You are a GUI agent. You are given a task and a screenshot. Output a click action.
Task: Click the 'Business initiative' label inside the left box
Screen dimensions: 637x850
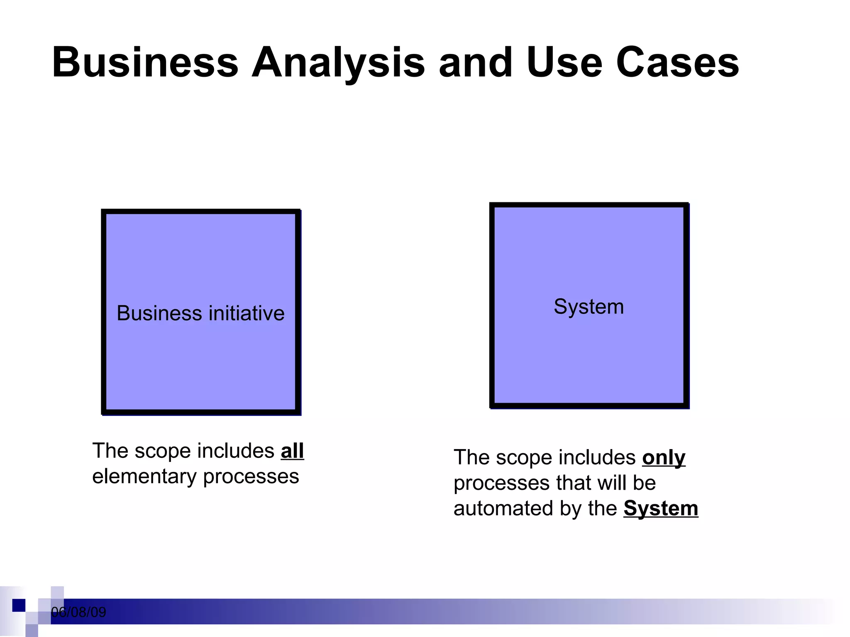click(200, 313)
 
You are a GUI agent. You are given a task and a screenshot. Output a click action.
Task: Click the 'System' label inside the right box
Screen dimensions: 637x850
click(589, 307)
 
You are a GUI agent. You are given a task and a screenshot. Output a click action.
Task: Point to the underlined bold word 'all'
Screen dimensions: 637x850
click(292, 451)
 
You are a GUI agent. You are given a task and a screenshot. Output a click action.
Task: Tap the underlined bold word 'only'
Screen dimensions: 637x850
click(664, 457)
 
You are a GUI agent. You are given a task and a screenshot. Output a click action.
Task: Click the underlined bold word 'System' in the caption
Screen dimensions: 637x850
click(661, 508)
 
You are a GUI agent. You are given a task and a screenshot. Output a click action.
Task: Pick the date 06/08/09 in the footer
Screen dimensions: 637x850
click(78, 612)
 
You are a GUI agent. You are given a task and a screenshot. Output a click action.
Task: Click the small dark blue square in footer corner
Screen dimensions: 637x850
click(19, 605)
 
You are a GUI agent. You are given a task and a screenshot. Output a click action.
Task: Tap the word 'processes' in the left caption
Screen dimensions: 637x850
click(251, 477)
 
